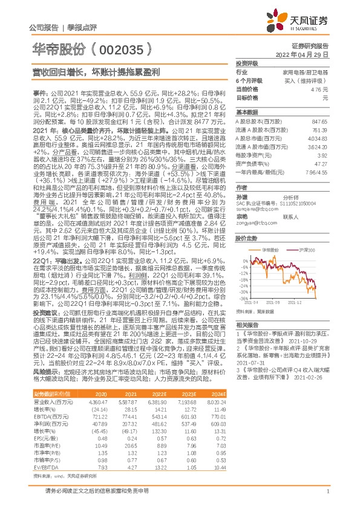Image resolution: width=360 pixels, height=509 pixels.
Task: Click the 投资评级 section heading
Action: click(x=246, y=63)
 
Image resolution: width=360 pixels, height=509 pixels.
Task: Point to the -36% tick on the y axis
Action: click(x=243, y=298)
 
